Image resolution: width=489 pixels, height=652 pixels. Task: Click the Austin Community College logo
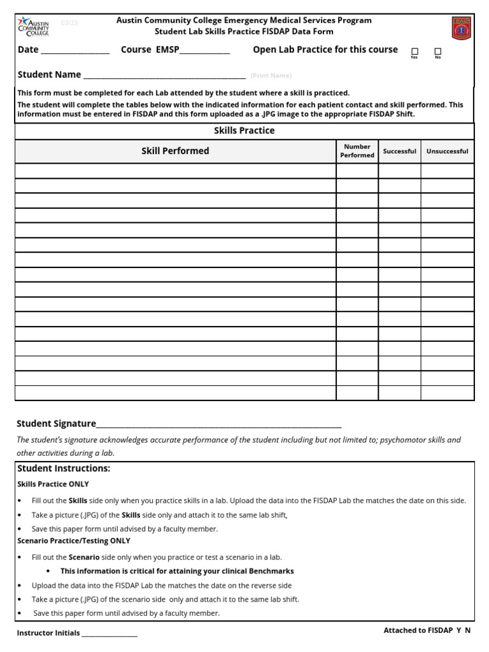(34, 27)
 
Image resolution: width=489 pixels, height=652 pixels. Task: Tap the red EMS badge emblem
(461, 28)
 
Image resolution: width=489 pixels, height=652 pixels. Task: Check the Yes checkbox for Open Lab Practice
(415, 51)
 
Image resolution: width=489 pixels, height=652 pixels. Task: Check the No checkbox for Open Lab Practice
(437, 51)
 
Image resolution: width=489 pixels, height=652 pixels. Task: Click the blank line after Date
(75, 51)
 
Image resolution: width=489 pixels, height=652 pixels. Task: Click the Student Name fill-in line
(164, 76)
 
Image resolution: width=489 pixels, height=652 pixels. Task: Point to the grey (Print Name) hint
(271, 76)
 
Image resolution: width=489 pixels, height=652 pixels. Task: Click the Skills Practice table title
(244, 131)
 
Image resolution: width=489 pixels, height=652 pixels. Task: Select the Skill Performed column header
(175, 151)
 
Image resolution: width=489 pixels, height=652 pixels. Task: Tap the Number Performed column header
(357, 151)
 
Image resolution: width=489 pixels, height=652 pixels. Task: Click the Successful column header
(399, 152)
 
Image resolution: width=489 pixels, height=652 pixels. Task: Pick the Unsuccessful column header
(447, 152)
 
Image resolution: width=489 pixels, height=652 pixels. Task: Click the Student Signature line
(218, 425)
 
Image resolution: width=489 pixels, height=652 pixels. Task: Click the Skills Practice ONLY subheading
(53, 484)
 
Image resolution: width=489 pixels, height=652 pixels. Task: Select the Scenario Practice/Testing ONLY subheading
(73, 541)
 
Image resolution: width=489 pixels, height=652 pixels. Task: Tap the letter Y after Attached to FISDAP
(458, 630)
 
